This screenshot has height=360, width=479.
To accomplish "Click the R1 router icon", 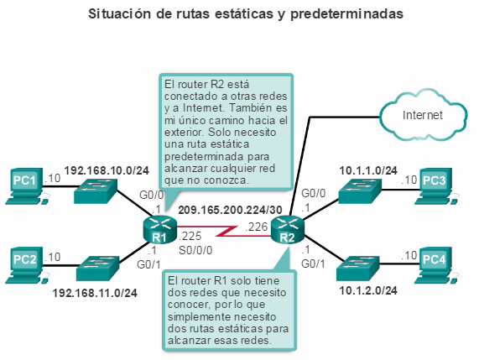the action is click(x=159, y=229).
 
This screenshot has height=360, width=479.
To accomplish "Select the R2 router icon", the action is click(x=288, y=229).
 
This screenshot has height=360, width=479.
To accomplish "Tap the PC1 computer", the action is click(x=26, y=185).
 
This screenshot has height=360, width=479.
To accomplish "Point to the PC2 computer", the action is click(x=26, y=265).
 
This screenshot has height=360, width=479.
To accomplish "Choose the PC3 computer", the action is click(x=435, y=185).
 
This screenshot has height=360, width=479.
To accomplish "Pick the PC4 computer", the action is click(x=435, y=265).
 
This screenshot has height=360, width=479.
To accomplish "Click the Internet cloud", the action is click(x=423, y=115).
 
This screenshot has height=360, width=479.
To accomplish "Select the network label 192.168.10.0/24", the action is click(x=107, y=170).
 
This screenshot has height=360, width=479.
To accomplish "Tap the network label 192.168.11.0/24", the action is click(x=95, y=293).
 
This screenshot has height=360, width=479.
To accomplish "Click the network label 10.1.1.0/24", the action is click(x=368, y=170).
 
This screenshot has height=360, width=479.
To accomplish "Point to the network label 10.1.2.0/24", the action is click(x=368, y=290).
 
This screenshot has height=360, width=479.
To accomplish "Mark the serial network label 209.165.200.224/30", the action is click(x=230, y=210).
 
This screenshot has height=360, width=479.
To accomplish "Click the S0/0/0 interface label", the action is click(x=195, y=250).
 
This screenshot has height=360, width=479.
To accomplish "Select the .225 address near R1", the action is click(x=190, y=236).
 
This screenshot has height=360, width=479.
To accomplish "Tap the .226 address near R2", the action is click(x=257, y=227).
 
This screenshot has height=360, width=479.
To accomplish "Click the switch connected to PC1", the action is click(x=96, y=191).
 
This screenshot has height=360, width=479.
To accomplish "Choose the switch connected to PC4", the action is click(x=358, y=269).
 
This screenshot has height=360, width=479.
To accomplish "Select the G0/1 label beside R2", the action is click(x=313, y=263).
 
